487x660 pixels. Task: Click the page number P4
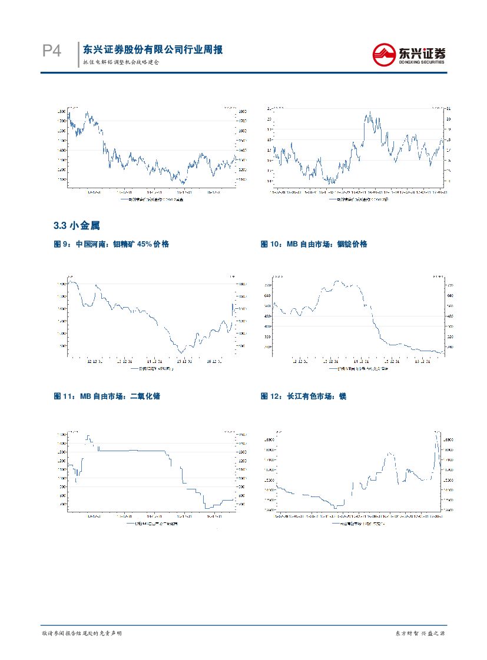(52, 52)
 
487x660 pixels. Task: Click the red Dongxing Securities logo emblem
(386, 55)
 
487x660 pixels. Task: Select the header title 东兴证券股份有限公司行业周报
(153, 50)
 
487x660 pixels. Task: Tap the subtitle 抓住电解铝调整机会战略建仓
(121, 62)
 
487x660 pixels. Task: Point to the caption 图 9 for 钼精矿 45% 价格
(111, 244)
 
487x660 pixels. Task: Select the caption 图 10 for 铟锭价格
(313, 244)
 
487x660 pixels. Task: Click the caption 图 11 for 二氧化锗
(107, 396)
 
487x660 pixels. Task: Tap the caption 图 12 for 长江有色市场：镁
(303, 396)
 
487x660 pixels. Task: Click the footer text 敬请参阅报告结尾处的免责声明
(82, 634)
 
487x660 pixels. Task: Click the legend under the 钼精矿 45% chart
(152, 369)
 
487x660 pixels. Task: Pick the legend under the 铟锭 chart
(357, 369)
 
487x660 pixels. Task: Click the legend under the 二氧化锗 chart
(152, 523)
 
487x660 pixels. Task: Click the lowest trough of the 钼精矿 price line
(181, 352)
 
